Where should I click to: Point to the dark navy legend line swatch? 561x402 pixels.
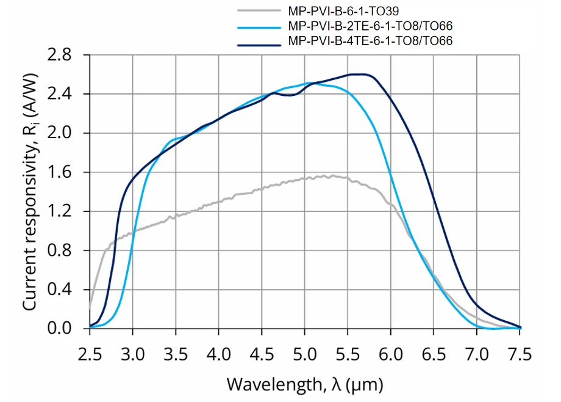257,41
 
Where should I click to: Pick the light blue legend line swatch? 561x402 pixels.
257,26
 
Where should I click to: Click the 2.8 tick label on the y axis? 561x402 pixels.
68,55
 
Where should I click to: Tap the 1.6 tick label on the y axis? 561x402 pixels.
68,172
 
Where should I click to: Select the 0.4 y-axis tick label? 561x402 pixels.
68,290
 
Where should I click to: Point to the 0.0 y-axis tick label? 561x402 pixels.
68,329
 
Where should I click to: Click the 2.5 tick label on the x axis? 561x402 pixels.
90,354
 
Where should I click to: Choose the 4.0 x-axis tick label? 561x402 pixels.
219,354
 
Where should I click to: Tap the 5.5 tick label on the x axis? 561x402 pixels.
348,354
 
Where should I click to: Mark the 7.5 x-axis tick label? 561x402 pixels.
520,354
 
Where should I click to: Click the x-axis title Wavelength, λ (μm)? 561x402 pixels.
306,384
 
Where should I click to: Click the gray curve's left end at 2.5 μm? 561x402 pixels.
90,308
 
